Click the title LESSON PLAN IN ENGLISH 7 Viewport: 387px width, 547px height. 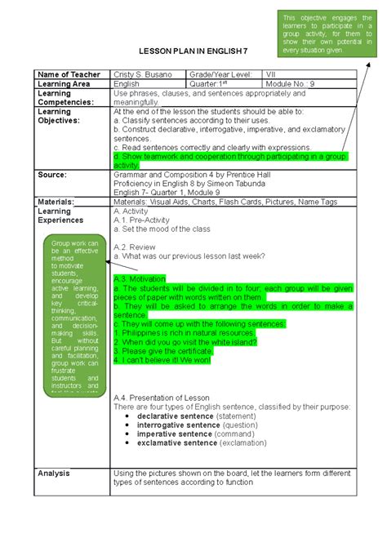click(193, 50)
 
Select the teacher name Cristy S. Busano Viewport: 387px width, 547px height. click(144, 74)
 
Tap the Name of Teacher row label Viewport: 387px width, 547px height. click(69, 74)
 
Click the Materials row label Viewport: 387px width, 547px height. click(56, 201)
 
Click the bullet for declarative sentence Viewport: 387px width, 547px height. click(128, 416)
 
